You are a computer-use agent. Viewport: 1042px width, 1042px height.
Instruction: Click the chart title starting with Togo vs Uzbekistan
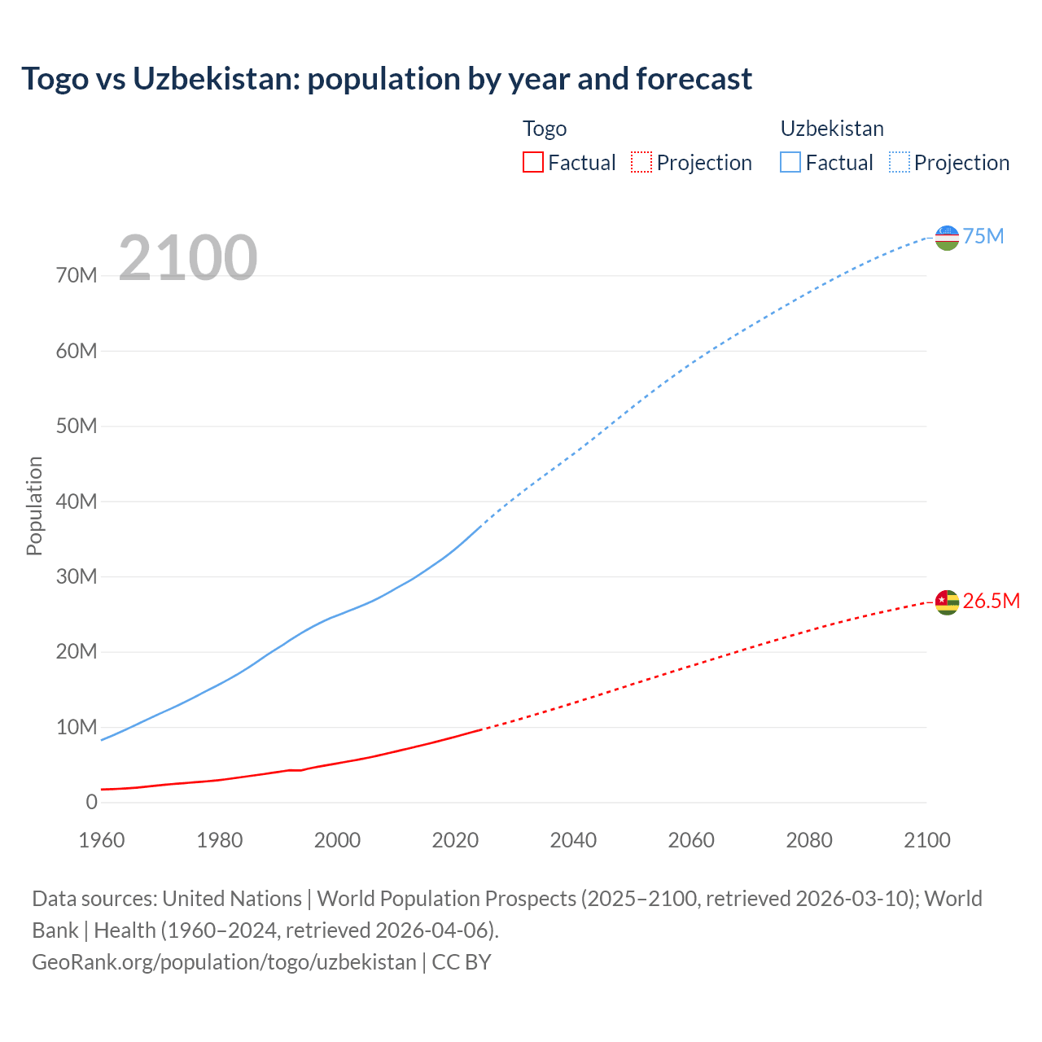387,79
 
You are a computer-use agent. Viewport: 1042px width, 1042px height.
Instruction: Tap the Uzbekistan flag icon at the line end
947,238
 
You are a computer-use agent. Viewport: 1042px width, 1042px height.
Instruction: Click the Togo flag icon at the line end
947,602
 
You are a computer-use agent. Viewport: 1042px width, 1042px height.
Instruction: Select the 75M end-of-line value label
983,237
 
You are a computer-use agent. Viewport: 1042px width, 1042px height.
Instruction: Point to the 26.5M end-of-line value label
991,602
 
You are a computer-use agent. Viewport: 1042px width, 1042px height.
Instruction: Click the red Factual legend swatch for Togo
532,163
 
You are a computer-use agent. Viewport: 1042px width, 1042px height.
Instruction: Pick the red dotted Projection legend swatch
641,163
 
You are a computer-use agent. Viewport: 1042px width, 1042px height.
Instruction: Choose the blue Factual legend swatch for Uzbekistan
790,163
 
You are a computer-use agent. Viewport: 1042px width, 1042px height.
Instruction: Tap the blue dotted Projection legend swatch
900,163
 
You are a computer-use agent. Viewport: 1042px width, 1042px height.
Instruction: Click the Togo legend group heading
545,129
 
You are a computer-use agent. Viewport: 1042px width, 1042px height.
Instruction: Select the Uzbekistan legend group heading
832,129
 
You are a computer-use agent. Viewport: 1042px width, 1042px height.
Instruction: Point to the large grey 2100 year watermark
188,258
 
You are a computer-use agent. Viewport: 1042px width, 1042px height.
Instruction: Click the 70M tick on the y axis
77,276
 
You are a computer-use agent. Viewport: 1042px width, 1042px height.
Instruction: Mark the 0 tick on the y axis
91,802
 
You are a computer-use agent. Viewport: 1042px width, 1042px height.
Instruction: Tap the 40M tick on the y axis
77,501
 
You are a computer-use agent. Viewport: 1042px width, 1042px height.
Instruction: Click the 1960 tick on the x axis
102,840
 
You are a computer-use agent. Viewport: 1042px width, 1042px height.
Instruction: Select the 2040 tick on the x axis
573,840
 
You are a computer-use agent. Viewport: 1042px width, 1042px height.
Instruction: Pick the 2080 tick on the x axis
809,840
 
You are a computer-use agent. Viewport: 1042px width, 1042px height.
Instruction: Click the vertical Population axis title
34,506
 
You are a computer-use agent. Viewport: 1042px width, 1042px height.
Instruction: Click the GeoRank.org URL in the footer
224,962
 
